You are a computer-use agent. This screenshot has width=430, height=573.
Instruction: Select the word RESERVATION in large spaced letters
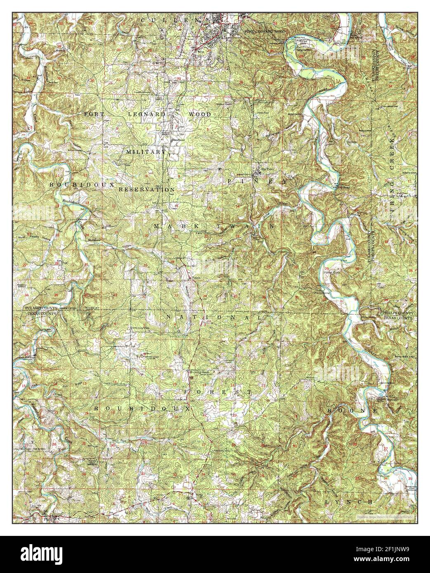pos(146,190)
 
